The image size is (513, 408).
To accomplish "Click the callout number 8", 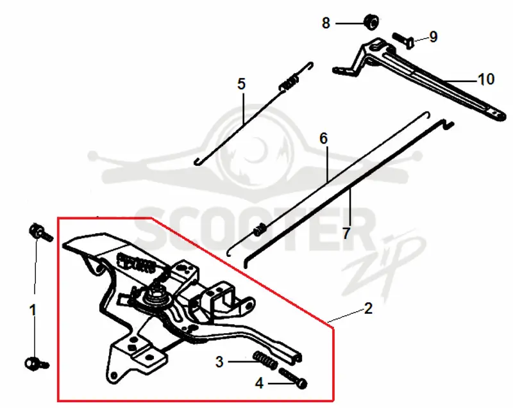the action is [326, 23].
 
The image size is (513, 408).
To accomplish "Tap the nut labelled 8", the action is [371, 22].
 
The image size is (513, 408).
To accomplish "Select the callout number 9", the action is [433, 37].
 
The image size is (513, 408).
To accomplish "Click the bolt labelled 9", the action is [403, 41].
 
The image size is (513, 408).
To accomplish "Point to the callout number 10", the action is [486, 79].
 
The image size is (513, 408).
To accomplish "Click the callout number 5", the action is [241, 84].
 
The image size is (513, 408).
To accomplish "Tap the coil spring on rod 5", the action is [289, 83].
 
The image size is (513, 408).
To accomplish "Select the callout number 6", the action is [323, 138].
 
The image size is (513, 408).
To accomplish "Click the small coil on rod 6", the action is [260, 229].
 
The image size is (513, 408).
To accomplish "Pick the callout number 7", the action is [346, 233].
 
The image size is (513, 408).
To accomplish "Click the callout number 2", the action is [368, 308].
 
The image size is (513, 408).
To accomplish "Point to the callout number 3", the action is [219, 362].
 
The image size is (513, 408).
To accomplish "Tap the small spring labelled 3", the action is [265, 361].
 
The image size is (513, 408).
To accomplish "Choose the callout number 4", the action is [259, 383].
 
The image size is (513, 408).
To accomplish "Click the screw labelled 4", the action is [293, 378].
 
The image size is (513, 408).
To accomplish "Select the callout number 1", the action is [33, 310].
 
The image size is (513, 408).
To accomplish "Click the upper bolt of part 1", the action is [40, 233].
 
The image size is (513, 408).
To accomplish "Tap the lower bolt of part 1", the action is [36, 364].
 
